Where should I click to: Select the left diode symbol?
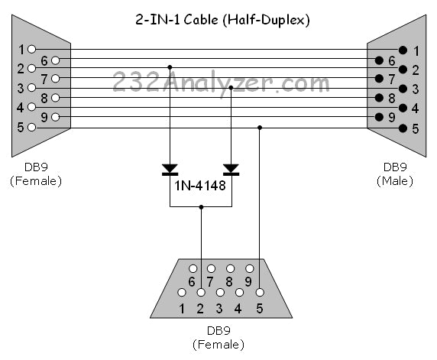tap(170, 168)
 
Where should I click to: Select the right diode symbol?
tap(231, 168)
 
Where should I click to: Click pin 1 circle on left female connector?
tap(31, 49)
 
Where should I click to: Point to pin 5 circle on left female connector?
tap(31, 127)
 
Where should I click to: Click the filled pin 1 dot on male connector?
tap(403, 50)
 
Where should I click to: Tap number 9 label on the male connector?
tap(392, 118)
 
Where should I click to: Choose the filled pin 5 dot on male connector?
tap(403, 128)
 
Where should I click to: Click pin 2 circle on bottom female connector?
tap(201, 293)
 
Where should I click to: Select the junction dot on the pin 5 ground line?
tap(261, 128)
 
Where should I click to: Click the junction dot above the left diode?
tap(170, 68)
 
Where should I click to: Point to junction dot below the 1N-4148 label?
tap(201, 206)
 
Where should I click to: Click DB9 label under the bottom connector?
tap(218, 332)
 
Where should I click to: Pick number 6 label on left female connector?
tap(44, 60)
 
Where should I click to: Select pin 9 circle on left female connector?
tap(55, 118)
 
